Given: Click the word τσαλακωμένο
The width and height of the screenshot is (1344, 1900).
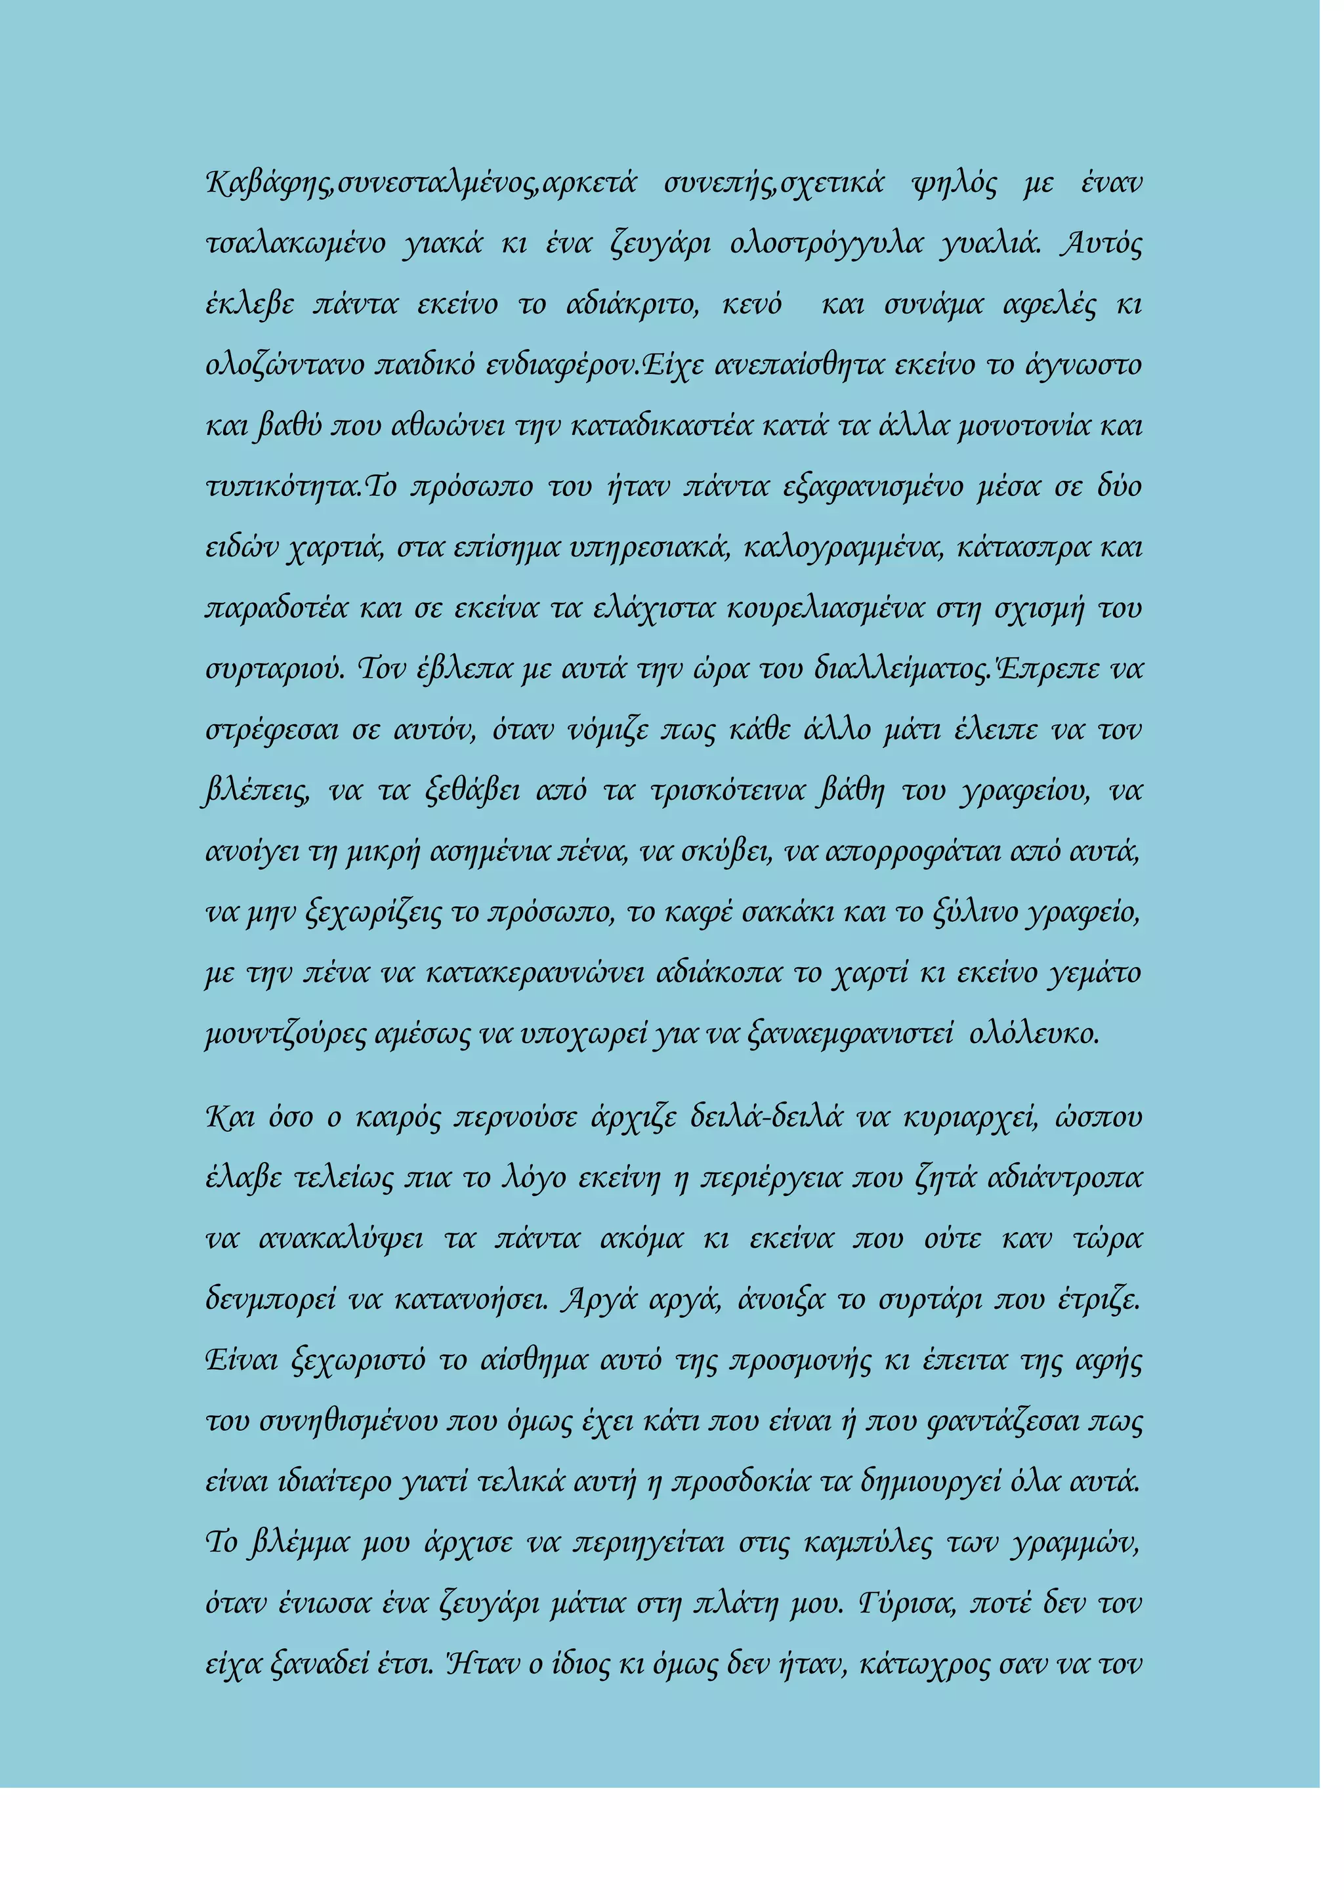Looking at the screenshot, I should pyautogui.click(x=295, y=244).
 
